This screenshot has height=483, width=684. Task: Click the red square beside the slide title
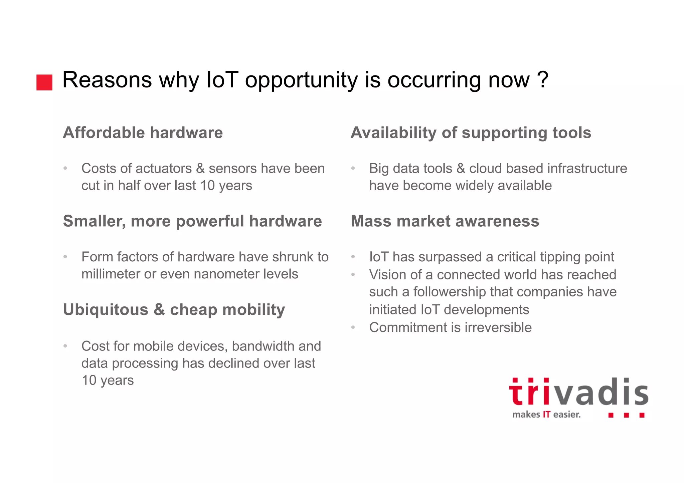[x=44, y=82]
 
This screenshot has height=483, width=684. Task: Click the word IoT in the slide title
[x=222, y=80]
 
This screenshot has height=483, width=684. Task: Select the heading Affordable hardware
[x=143, y=133]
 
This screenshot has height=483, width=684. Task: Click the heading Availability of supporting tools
[x=471, y=133]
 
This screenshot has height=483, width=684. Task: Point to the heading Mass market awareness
[x=445, y=221]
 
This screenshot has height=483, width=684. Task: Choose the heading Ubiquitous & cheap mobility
[x=174, y=309]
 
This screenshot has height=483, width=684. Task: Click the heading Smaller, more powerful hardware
[x=192, y=221]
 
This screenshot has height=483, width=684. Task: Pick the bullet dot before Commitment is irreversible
[x=353, y=327]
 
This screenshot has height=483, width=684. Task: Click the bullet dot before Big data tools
[x=353, y=168]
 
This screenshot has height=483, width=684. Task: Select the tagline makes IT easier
[x=546, y=415]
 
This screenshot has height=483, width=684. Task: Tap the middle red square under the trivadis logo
[x=626, y=415]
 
